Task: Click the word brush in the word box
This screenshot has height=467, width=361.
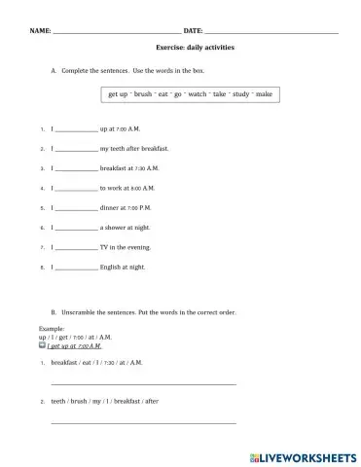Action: [x=144, y=93]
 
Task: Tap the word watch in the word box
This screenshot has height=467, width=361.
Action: [x=197, y=93]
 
